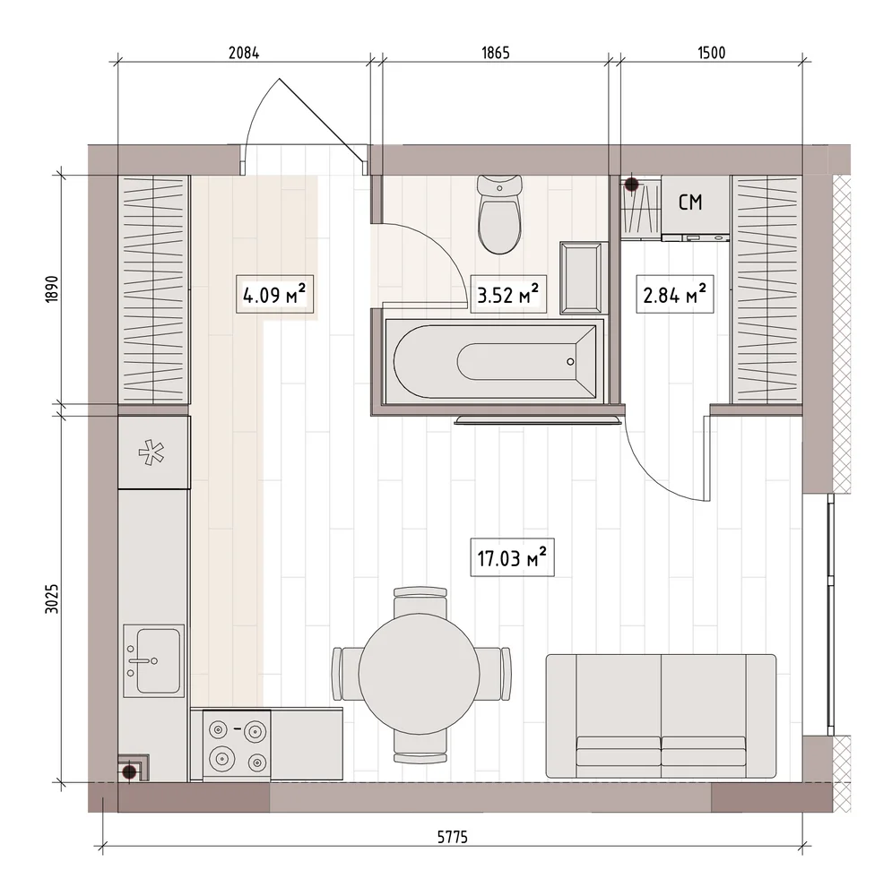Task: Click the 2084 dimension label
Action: (x=244, y=53)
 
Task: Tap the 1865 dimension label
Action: (x=495, y=53)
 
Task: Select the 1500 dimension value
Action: (x=711, y=53)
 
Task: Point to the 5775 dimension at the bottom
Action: (x=453, y=837)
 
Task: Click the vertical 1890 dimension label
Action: (x=52, y=289)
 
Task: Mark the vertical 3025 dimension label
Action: (x=52, y=599)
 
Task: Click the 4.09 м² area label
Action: (x=274, y=295)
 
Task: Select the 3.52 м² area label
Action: (x=507, y=295)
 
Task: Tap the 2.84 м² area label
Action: (x=675, y=295)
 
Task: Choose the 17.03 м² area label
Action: (x=512, y=557)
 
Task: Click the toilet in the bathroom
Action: (x=499, y=214)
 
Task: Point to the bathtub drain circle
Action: (x=570, y=362)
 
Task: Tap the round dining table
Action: (x=420, y=675)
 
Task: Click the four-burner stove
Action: (x=237, y=745)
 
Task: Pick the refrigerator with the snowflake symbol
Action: (x=154, y=452)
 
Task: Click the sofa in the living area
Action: (x=661, y=716)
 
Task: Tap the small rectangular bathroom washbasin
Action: (x=584, y=278)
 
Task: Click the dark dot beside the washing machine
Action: (x=631, y=184)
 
